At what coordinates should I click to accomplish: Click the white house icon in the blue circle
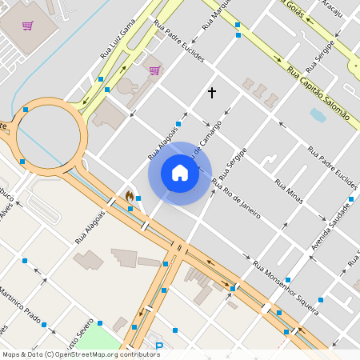pos(180,173)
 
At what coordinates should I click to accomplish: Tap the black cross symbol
pos(212,93)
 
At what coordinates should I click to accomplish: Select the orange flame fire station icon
pos(129,196)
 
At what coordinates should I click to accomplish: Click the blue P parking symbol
pos(158,346)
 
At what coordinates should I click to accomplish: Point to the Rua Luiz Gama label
pos(118,42)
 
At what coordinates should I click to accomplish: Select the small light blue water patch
pos(318,115)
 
